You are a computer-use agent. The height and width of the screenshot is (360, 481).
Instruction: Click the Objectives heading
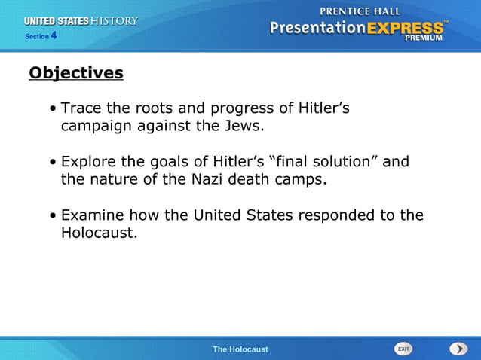coord(75,73)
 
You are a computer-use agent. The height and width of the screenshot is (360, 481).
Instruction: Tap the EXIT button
coord(403,349)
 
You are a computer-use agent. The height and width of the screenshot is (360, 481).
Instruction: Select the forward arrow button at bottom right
coord(458,349)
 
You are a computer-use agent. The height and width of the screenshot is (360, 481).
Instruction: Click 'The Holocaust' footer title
coord(240,349)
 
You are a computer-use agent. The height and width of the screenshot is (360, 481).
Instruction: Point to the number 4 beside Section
coord(54,35)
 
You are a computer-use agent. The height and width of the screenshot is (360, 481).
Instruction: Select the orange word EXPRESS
coord(405,28)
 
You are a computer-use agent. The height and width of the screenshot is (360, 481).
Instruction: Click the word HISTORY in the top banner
coord(114,21)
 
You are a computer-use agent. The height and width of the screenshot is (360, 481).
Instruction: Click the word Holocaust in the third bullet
coord(98,233)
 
